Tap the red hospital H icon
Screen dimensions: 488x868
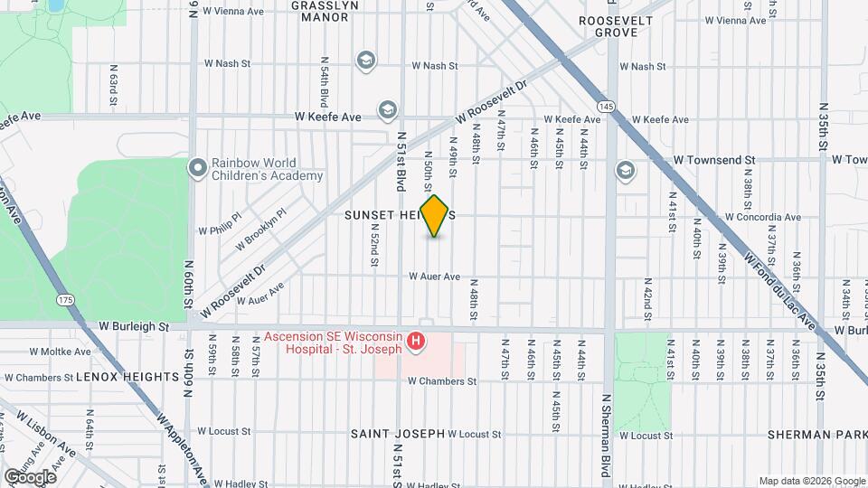pos(416,341)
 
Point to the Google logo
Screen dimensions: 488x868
pos(31,476)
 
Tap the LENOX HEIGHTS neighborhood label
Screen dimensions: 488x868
pos(127,376)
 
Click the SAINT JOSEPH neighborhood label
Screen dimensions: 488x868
pos(398,434)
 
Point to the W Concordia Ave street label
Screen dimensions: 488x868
pos(763,217)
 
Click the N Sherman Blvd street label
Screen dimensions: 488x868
pos(607,434)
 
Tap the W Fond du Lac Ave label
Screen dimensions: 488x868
pos(779,288)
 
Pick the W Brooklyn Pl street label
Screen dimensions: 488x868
pos(260,230)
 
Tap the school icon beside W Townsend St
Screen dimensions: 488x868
pos(625,170)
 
